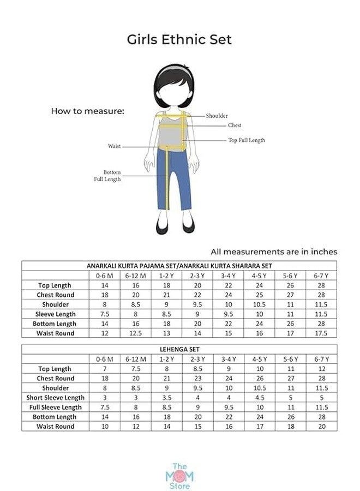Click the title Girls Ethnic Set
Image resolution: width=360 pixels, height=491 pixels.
point(179,39)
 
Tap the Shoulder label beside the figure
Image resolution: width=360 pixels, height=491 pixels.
point(217,116)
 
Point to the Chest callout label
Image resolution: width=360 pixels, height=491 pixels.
point(235,125)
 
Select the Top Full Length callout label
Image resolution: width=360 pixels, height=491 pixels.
point(246,140)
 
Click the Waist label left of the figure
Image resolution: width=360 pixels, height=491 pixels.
point(114,146)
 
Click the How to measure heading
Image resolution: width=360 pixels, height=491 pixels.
point(88,111)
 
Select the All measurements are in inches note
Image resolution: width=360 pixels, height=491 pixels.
point(274,252)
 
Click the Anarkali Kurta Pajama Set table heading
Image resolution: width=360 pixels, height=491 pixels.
point(179,265)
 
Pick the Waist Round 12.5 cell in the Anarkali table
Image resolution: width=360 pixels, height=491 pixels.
point(136,333)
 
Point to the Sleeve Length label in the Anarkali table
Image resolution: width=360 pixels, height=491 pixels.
point(56,314)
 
